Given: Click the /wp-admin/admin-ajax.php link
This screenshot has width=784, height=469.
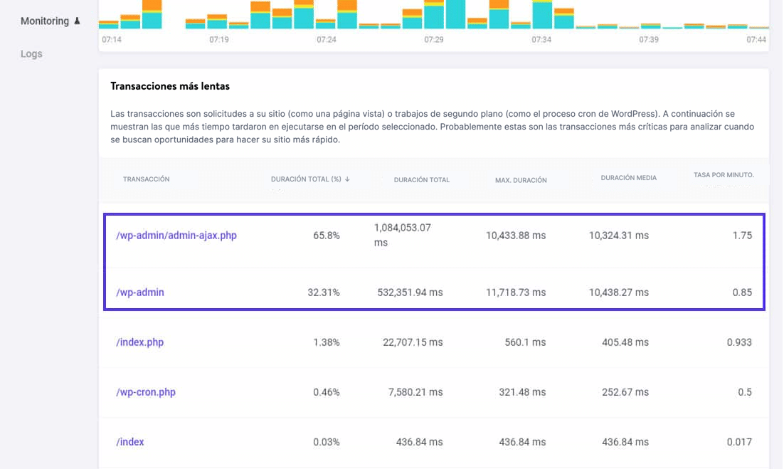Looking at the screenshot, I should click(x=176, y=236).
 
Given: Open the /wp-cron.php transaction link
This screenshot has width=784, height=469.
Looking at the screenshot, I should click(x=145, y=392).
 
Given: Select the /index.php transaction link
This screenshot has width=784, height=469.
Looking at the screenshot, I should click(x=139, y=342).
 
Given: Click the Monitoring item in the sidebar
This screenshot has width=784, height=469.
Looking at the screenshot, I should click(x=45, y=21).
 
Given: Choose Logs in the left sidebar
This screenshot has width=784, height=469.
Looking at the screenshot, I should click(x=31, y=53).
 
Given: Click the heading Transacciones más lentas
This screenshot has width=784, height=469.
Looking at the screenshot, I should click(x=170, y=86).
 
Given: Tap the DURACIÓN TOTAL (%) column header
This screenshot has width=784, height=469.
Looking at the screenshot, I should click(x=306, y=179).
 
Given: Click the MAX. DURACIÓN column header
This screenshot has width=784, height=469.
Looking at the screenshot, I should click(x=521, y=180).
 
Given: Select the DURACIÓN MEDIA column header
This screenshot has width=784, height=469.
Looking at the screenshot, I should click(x=628, y=178).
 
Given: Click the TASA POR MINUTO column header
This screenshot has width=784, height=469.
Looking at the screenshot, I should click(x=724, y=175).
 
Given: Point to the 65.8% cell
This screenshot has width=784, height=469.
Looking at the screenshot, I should click(x=326, y=236).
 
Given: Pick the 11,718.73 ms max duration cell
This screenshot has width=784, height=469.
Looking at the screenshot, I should click(x=516, y=293).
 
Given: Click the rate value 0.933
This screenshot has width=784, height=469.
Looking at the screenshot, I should click(x=738, y=342).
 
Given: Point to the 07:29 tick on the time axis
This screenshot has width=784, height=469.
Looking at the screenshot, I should click(x=434, y=40).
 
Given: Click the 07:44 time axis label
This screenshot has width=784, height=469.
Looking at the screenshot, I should click(x=756, y=40).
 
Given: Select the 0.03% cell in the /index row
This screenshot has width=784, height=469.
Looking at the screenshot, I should click(x=326, y=442).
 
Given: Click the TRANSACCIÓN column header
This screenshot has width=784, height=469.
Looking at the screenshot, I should click(x=146, y=179).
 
